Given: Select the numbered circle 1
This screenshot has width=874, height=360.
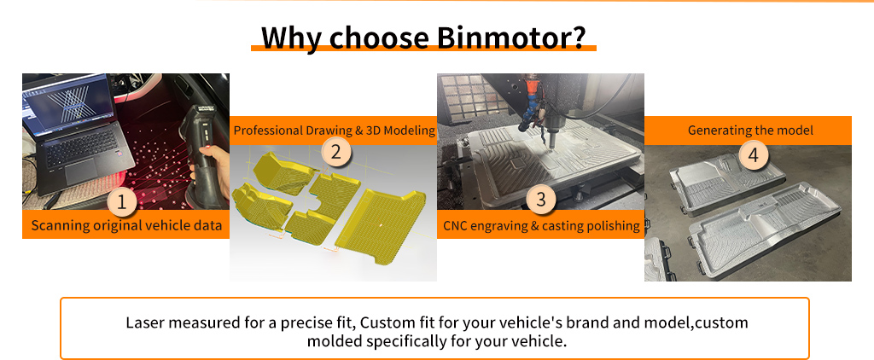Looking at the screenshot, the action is coord(122,203).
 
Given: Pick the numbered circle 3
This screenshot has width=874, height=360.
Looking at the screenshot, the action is coord(540,199).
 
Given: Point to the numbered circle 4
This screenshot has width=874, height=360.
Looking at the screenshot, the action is coord(753,155).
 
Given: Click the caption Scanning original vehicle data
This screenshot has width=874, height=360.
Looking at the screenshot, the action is coord(126,226).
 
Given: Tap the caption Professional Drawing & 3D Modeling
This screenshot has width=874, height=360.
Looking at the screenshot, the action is coord(334,131).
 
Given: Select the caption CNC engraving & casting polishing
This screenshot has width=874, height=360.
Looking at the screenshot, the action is coord(541,226).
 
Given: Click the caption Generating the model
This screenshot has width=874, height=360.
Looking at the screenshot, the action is coord(750,131).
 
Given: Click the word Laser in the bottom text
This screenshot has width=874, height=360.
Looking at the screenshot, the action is coord(143,322).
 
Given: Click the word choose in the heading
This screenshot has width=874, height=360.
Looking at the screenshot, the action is coord(378,38).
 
